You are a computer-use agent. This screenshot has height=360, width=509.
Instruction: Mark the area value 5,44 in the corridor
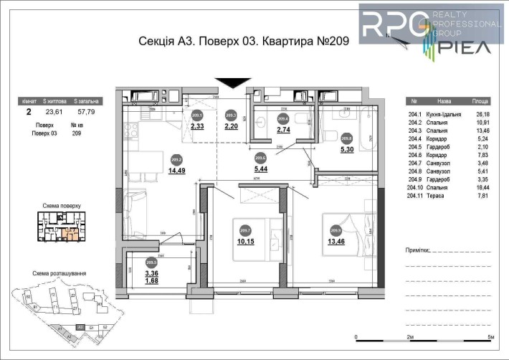[260, 171]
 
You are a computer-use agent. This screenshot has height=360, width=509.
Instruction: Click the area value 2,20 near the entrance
[231, 126]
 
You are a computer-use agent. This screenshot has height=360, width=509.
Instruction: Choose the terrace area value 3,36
[151, 273]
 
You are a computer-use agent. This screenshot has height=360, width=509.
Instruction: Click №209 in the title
[333, 42]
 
